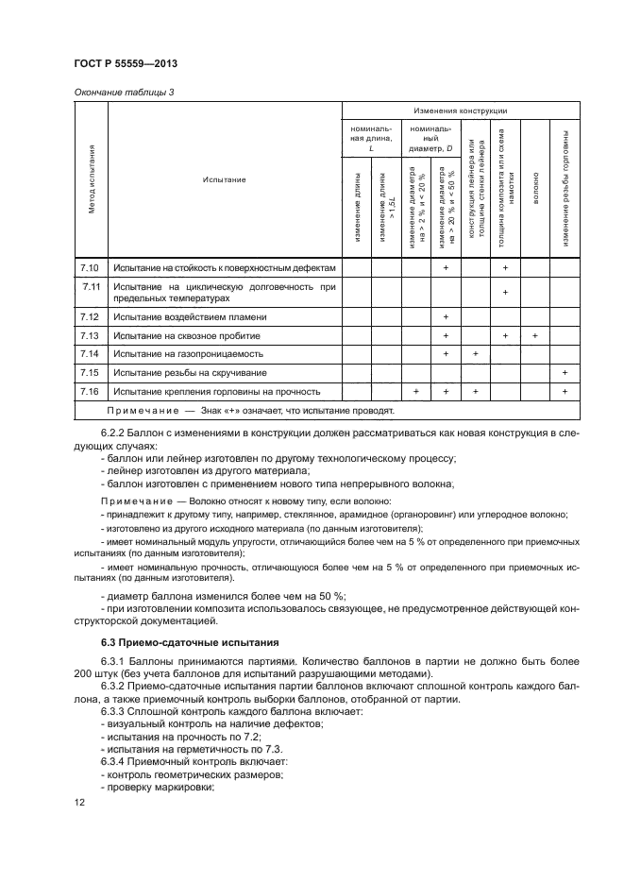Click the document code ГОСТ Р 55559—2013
tap(126, 63)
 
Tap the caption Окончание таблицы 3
tap(124, 92)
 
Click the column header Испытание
tap(224, 178)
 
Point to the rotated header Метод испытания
tap(92, 178)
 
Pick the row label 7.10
tap(91, 268)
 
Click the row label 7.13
tap(91, 335)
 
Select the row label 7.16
tap(91, 390)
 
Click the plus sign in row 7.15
tap(565, 372)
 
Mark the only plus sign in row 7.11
tap(505, 292)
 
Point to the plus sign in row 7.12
tap(445, 317)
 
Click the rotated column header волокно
tap(534, 178)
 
